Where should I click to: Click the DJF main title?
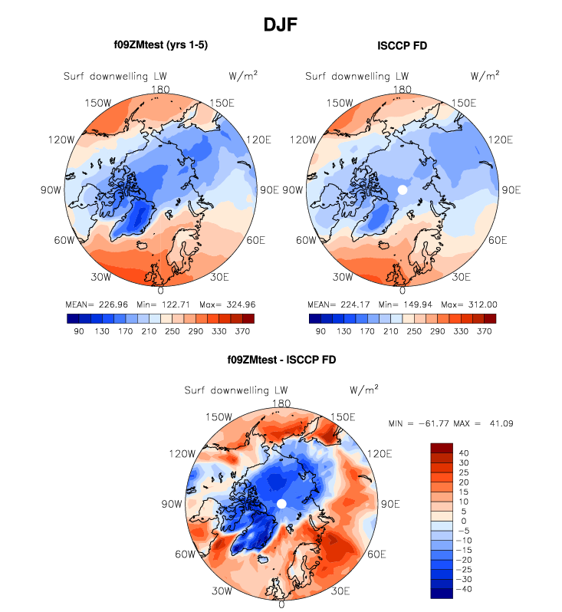[x=281, y=25]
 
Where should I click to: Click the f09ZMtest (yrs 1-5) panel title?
[x=160, y=45]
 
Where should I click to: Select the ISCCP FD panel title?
[x=403, y=46]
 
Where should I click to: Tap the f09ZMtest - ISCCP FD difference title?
[x=281, y=359]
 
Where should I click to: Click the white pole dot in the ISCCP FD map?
[x=402, y=189]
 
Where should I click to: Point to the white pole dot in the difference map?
[x=281, y=503]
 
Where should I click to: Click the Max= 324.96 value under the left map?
[x=225, y=304]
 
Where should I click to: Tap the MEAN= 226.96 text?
[x=93, y=304]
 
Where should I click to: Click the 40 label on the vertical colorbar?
[x=465, y=453]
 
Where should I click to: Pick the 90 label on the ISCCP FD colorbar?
[x=321, y=331]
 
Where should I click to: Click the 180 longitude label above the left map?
[x=160, y=89]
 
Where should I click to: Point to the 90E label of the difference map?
[x=391, y=504]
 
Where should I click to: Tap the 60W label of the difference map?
[x=184, y=554]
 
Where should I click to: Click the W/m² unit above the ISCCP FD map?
[x=485, y=75]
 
